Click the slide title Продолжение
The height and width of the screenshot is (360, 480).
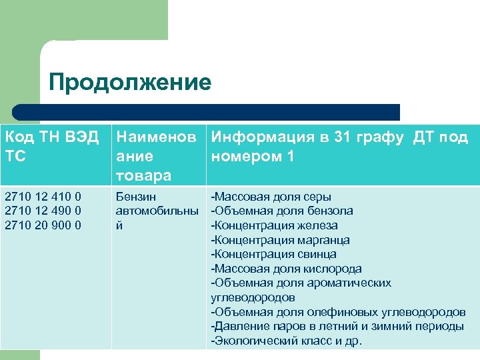click(130, 82)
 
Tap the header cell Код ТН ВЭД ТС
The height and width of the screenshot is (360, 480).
click(52, 147)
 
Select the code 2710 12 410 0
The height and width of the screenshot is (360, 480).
click(43, 197)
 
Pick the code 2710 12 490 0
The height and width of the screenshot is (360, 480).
click(43, 211)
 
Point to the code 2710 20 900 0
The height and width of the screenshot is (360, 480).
click(43, 225)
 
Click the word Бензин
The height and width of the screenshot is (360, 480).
click(136, 197)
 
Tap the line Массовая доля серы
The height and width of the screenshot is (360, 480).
click(271, 197)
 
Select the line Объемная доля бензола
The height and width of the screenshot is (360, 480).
click(282, 211)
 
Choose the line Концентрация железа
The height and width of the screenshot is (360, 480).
click(274, 225)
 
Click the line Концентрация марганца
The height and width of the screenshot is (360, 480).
click(280, 240)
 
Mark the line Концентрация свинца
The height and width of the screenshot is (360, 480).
click(273, 254)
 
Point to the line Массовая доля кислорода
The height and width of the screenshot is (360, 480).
click(286, 269)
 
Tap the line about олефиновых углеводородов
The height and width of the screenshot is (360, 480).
click(338, 311)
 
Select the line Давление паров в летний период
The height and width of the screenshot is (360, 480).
click(337, 326)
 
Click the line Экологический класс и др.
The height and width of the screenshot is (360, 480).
click(286, 341)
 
